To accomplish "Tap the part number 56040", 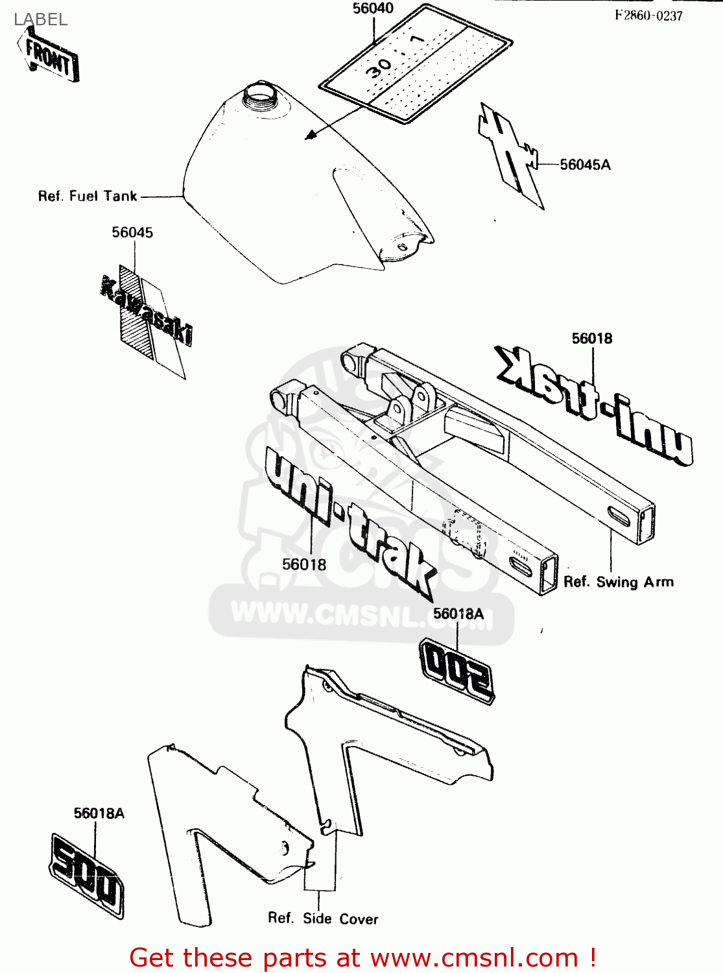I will (x=373, y=8).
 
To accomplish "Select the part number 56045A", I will (x=585, y=165).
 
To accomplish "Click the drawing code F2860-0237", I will (x=648, y=16).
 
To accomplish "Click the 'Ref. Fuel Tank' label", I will (x=88, y=196).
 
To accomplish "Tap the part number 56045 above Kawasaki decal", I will (x=132, y=232).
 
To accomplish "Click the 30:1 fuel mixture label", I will (x=415, y=63).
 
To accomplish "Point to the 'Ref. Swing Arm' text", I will (x=618, y=582).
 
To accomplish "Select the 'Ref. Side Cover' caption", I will (x=323, y=919).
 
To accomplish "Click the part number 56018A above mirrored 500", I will (x=458, y=614).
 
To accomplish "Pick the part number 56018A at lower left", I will (x=99, y=813).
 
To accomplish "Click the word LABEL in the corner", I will (x=41, y=19).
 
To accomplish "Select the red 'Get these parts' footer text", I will (x=362, y=957).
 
